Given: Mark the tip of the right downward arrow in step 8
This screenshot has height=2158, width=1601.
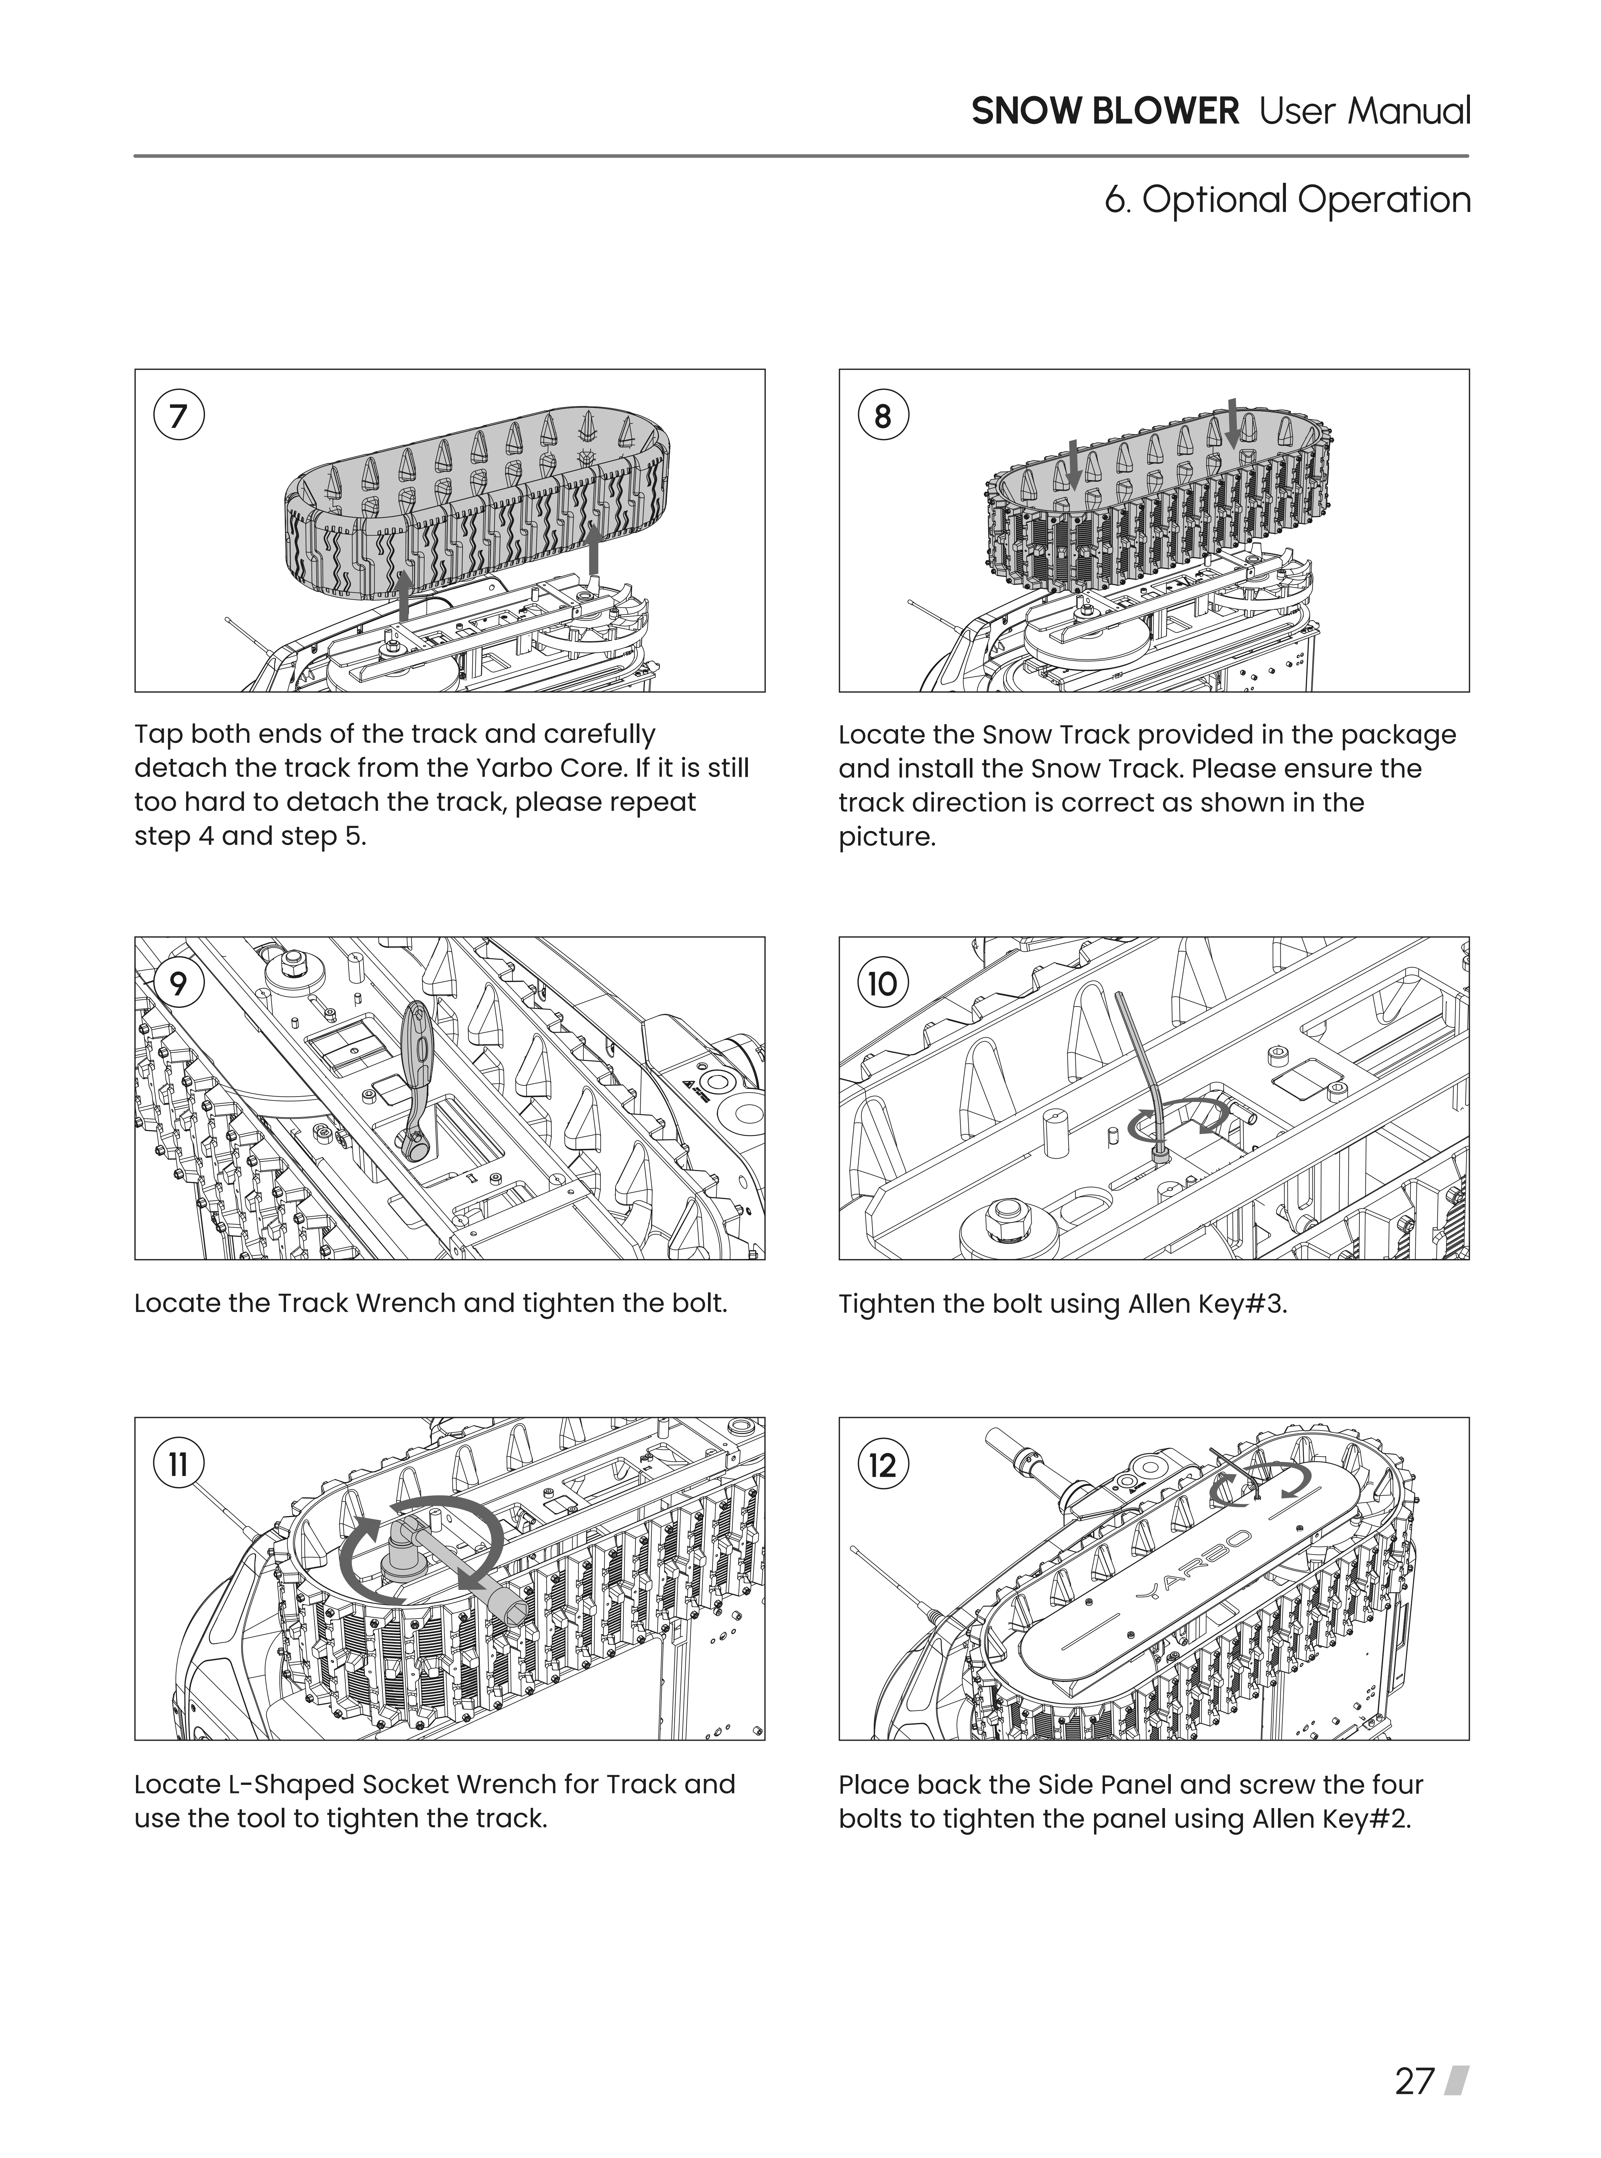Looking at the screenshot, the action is [1233, 451].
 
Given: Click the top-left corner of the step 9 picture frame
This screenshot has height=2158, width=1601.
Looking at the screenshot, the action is [135, 938].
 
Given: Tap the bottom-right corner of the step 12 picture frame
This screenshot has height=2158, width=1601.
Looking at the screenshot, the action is [1469, 1740].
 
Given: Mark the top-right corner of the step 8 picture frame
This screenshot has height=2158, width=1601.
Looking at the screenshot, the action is [1469, 369].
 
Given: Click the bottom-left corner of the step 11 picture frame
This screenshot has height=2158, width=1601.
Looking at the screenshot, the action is [135, 1740].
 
